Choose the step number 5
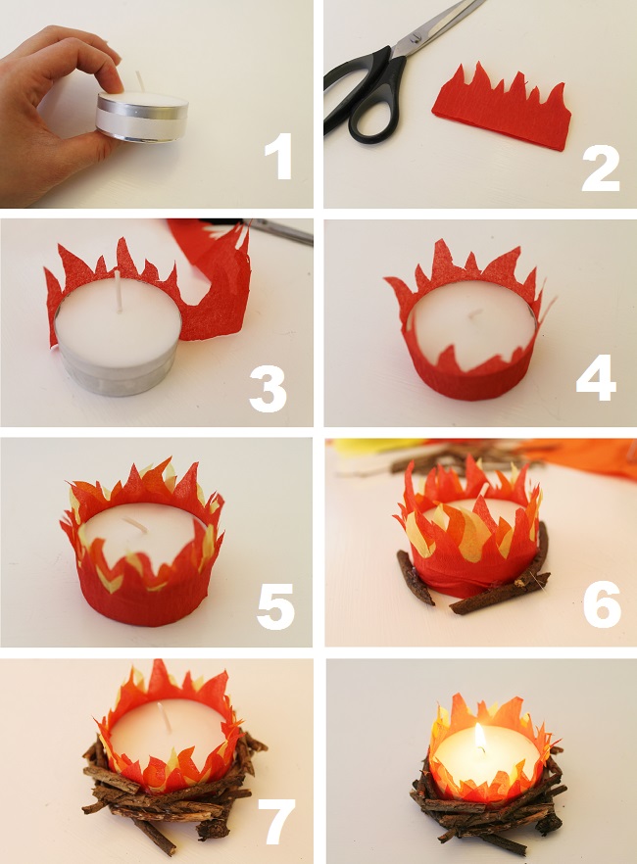click(275, 603)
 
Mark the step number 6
click(602, 604)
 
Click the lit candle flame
click(479, 738)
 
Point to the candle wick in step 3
click(120, 293)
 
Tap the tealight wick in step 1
click(139, 80)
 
